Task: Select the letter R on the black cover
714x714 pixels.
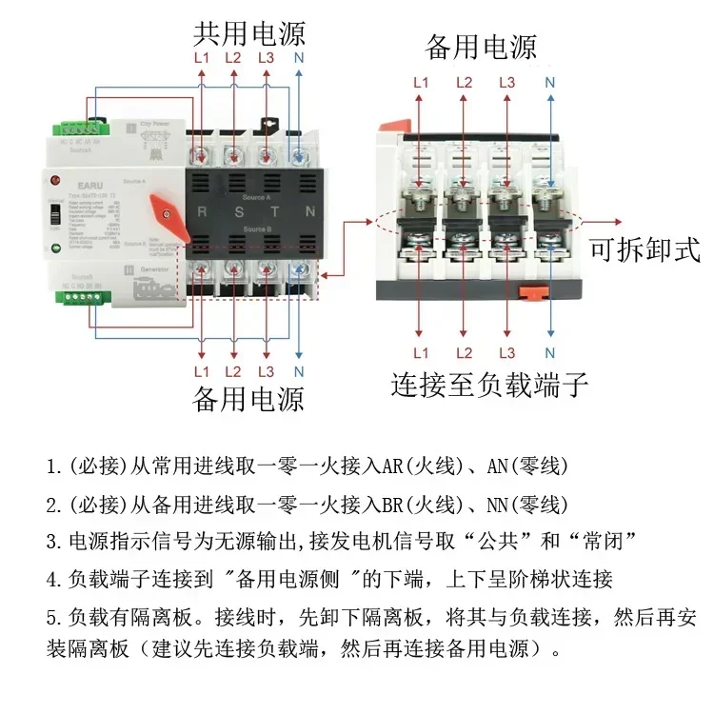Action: [x=202, y=211]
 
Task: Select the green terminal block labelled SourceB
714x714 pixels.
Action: [x=82, y=296]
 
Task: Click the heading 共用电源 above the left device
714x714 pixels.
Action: [x=248, y=34]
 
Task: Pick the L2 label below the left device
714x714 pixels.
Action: [x=233, y=371]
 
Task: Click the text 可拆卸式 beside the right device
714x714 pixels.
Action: [x=645, y=250]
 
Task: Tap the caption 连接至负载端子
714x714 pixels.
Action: [x=489, y=386]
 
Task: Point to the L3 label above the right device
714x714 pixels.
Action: [x=507, y=83]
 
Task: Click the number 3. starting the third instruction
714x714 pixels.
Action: [x=53, y=542]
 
